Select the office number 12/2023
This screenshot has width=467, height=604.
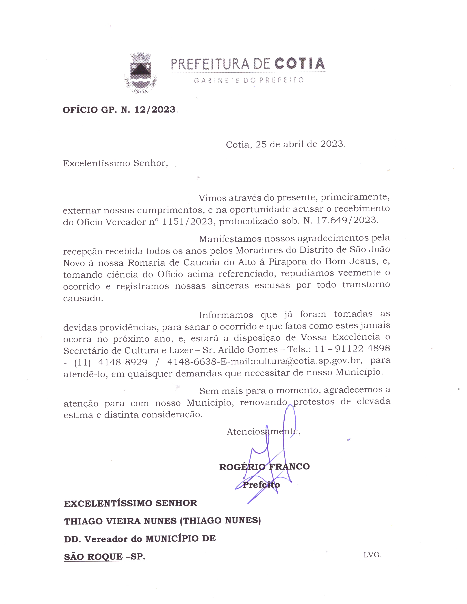155,110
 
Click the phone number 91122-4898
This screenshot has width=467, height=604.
362,348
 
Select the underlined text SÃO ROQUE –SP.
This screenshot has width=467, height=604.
105,557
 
